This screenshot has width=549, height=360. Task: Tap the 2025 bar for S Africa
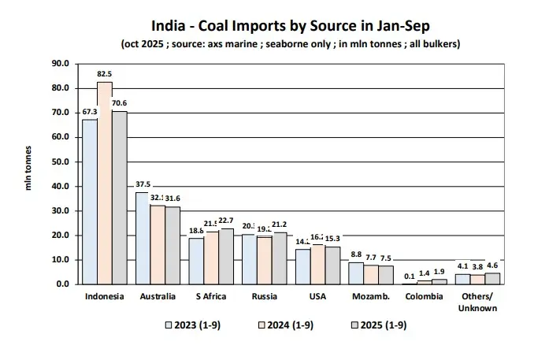click(x=226, y=256)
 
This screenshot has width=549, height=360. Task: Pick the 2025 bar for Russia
click(x=280, y=258)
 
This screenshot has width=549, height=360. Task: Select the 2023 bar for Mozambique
click(x=357, y=273)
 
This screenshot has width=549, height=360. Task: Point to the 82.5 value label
click(x=105, y=74)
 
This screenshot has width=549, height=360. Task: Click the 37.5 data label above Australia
click(x=143, y=184)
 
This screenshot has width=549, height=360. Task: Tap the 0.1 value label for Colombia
click(x=410, y=276)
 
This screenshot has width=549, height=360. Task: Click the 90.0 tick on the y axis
click(x=61, y=63)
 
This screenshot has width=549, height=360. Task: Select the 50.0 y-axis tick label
click(x=61, y=161)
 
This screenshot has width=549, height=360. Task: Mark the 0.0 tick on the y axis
click(x=63, y=284)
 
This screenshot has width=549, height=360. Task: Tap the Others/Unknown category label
click(x=478, y=302)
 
